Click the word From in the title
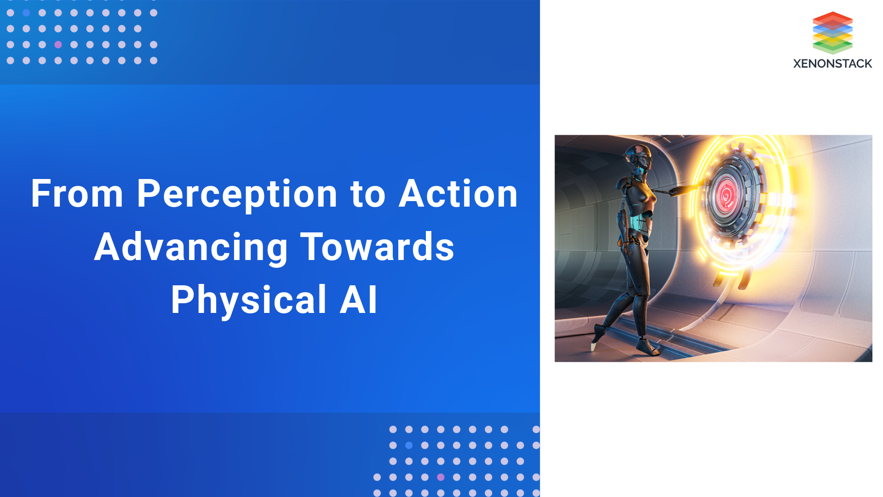click(77, 194)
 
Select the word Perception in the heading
click(237, 195)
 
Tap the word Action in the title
click(458, 194)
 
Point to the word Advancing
click(191, 247)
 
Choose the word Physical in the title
click(248, 300)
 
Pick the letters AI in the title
click(359, 300)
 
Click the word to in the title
click(368, 195)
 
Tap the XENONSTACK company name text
click(832, 64)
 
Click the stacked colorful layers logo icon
click(832, 32)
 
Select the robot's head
click(641, 156)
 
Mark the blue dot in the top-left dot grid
click(26, 13)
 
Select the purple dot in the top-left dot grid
click(58, 45)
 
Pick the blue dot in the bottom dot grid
click(409, 445)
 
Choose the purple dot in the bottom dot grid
click(441, 477)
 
